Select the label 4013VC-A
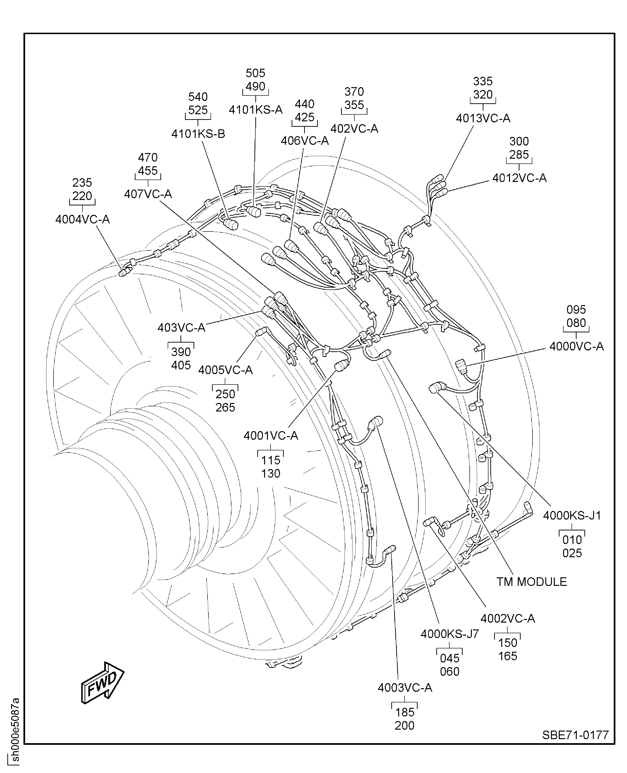483,118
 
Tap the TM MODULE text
531,582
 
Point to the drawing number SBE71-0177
575,735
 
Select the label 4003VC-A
405,687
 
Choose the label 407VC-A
148,194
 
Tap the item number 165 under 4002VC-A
507,656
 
